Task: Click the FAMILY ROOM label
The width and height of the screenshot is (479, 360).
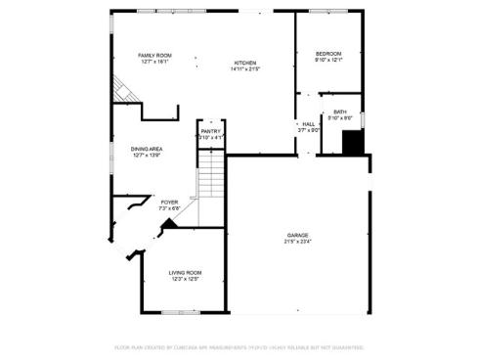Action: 153,55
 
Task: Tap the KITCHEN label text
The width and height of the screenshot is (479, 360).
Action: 244,63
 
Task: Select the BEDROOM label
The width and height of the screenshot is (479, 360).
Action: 328,54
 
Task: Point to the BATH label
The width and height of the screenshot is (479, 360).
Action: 339,112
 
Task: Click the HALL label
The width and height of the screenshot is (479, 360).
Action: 308,124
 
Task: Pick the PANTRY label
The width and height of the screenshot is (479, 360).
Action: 211,131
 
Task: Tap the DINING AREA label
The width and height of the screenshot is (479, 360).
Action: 147,149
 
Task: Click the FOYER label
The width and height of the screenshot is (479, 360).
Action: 169,202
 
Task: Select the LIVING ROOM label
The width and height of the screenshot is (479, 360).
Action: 185,272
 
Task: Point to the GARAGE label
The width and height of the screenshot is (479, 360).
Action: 298,235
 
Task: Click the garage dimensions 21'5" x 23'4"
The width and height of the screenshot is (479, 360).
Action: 298,242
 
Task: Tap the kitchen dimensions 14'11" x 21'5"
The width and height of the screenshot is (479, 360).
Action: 244,69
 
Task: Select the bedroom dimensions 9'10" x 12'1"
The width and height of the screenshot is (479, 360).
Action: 328,61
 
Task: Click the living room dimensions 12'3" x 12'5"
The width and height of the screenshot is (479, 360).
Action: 185,279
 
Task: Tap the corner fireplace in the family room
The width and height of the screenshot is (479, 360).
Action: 122,91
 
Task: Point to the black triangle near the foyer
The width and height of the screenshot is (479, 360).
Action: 169,224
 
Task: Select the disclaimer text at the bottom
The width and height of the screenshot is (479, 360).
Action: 239,346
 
